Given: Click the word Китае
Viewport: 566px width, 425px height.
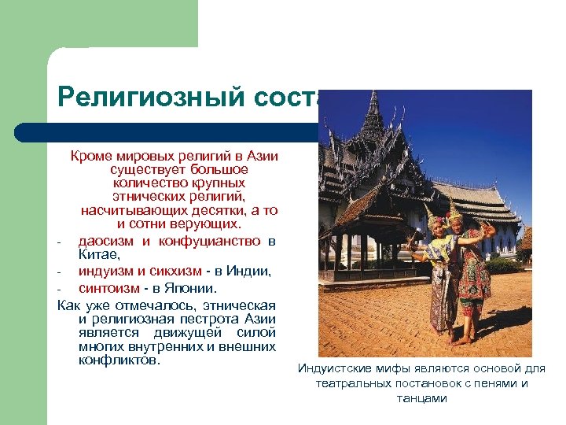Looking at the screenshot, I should click(99, 254).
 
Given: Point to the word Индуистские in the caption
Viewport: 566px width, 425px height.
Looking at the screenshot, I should click(332, 369).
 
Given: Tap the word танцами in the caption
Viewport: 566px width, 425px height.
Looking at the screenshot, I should click(423, 398).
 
